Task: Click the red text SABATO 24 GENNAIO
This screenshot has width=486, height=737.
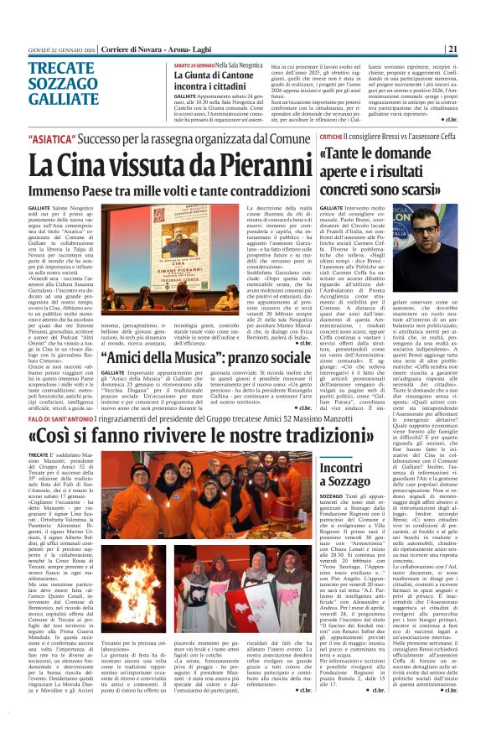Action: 194,65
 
